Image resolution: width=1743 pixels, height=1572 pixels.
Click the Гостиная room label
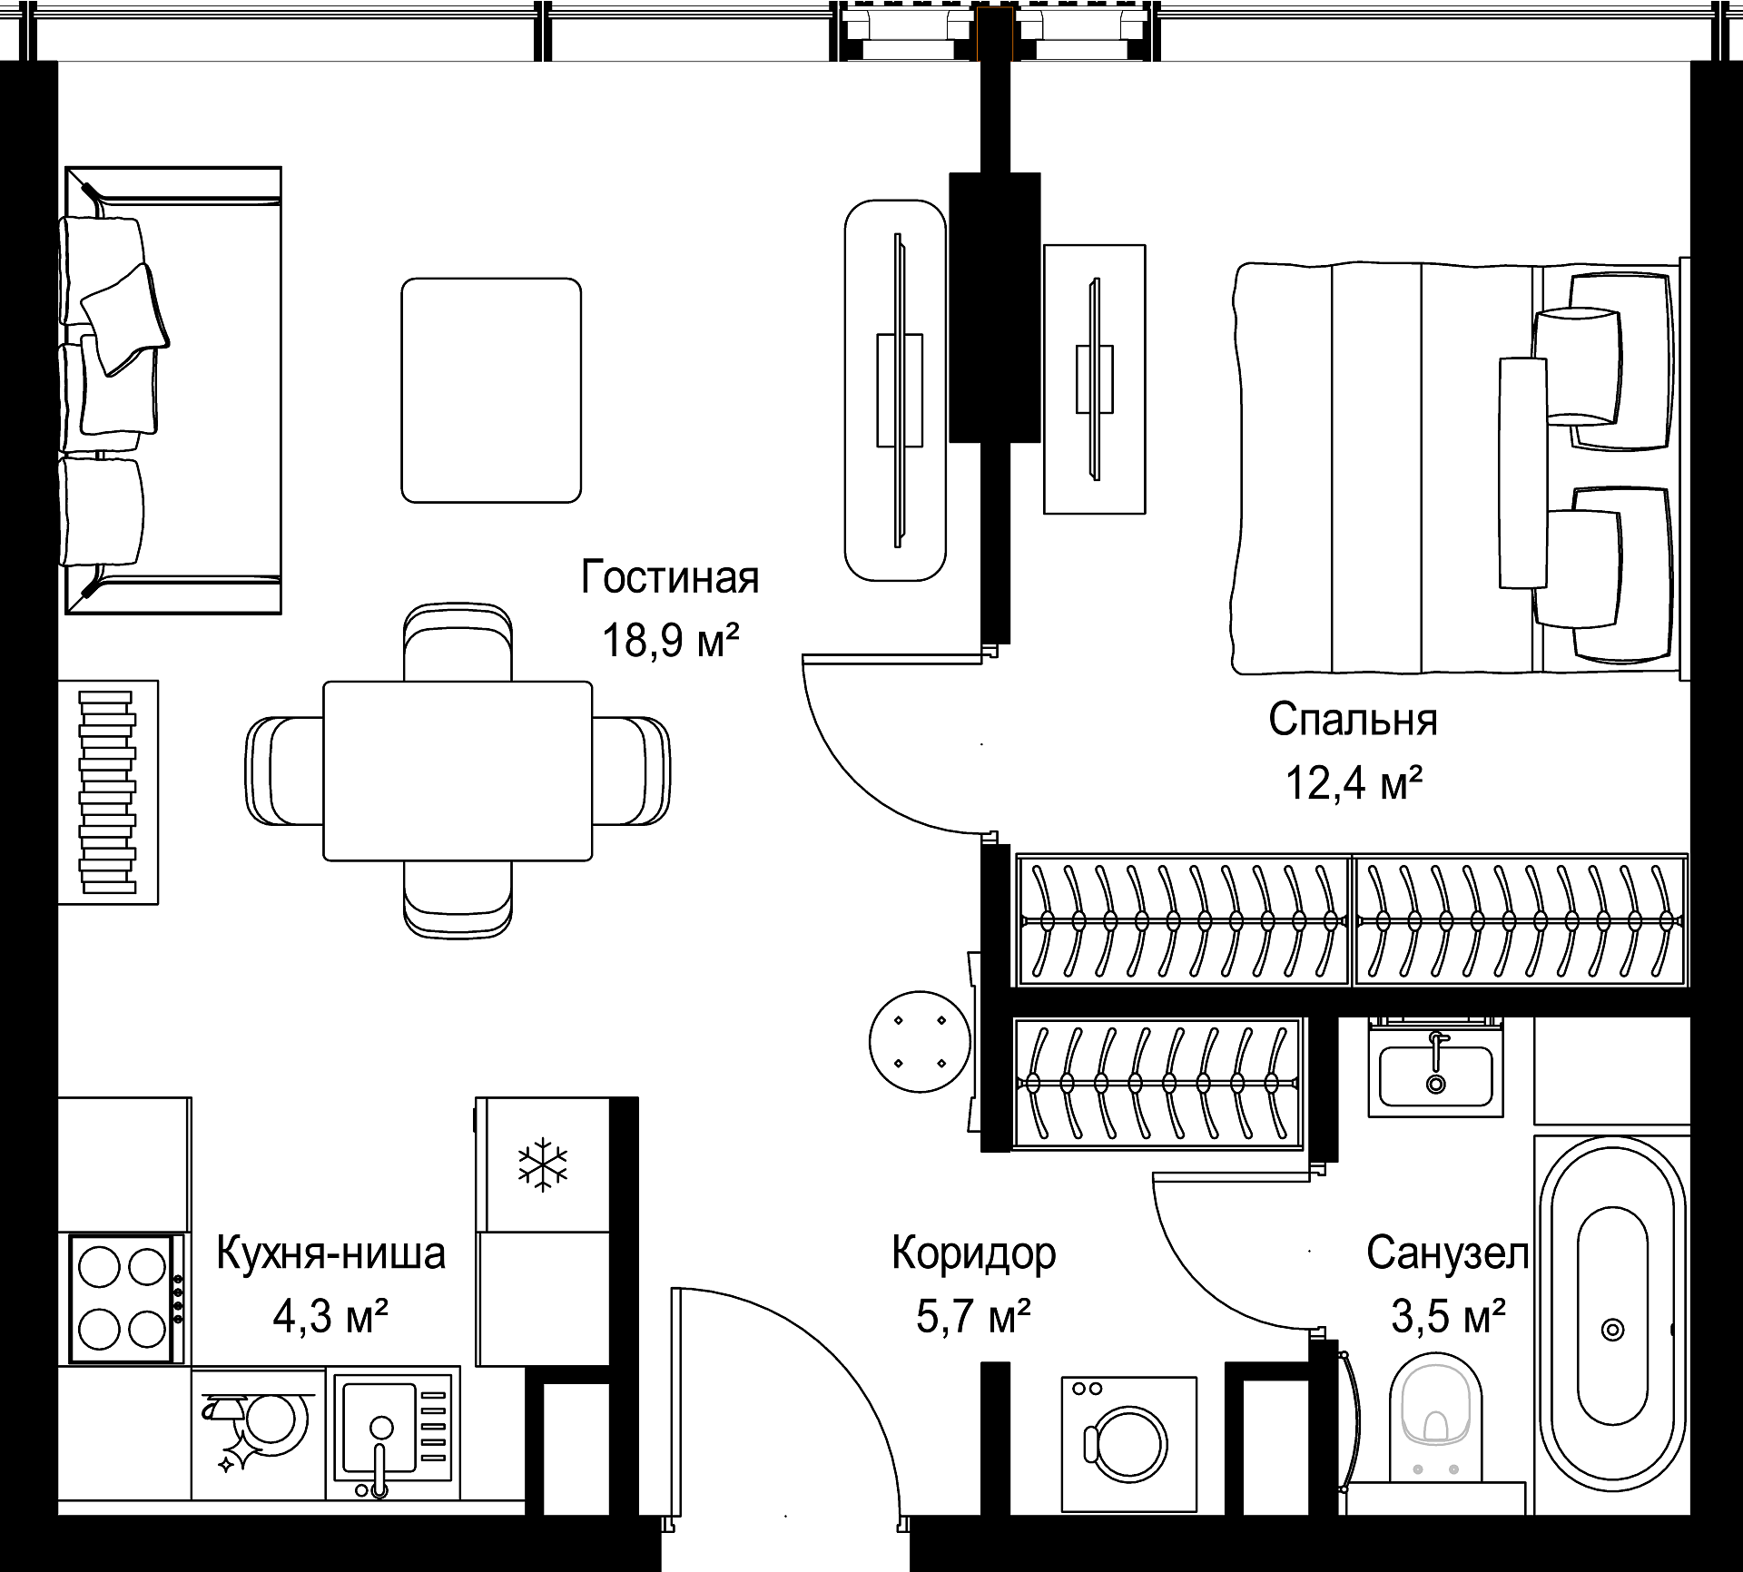pos(670,577)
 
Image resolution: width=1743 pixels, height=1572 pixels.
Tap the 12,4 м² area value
pos(1353,782)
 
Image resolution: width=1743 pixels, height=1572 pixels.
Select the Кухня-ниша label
pos(331,1253)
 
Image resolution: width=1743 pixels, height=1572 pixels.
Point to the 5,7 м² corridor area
pos(973,1316)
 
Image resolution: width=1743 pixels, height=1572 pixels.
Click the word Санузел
pos(1448,1253)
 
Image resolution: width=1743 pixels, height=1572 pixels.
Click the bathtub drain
pos(1612,1331)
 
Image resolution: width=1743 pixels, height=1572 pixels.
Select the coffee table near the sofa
pos(491,390)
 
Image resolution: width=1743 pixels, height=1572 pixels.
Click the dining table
pos(458,771)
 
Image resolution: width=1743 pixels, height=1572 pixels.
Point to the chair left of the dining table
pos(285,771)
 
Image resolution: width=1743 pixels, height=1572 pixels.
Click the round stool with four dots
pos(921,1042)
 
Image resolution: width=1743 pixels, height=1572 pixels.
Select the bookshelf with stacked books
pos(108,791)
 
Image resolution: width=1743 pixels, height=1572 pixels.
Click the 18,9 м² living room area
pos(671,640)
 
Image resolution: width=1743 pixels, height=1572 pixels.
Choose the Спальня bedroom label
pos(1353,720)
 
